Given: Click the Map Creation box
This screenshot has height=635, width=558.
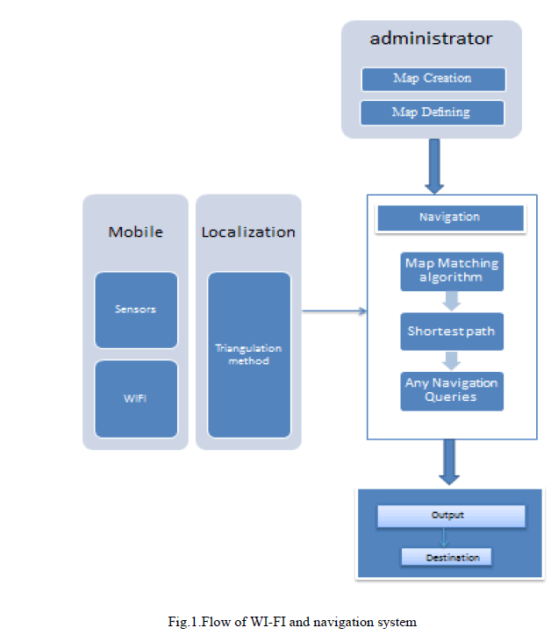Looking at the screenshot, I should (433, 79).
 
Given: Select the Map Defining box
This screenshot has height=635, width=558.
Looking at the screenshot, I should (433, 112).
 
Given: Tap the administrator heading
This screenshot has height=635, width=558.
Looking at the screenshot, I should (431, 39).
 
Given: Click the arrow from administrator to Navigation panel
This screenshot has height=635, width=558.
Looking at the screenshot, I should (433, 167).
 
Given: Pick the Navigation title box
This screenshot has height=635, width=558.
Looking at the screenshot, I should (449, 218).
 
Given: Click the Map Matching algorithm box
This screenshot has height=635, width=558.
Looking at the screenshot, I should (452, 270).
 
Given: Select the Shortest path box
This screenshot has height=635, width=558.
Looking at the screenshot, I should (452, 332).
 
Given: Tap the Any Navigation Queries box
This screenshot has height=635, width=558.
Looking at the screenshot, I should (452, 390).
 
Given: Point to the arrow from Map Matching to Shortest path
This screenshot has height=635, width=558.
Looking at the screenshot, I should (451, 301).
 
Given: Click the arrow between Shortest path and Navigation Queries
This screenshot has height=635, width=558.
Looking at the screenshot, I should (451, 360).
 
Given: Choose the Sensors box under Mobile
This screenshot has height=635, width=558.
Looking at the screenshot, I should (136, 310).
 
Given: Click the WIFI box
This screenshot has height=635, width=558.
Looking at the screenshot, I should (136, 398).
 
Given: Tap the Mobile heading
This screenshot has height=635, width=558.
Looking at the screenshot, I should (136, 232).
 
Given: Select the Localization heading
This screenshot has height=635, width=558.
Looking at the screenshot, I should (248, 232).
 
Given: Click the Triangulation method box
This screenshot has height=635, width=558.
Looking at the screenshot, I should (248, 354).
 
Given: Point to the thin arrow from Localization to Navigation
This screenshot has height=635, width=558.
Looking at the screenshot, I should (333, 310).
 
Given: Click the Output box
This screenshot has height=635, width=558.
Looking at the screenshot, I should (450, 516).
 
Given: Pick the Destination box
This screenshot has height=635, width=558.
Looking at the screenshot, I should (447, 557).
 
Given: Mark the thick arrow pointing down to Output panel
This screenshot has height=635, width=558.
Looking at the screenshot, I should (449, 463).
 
